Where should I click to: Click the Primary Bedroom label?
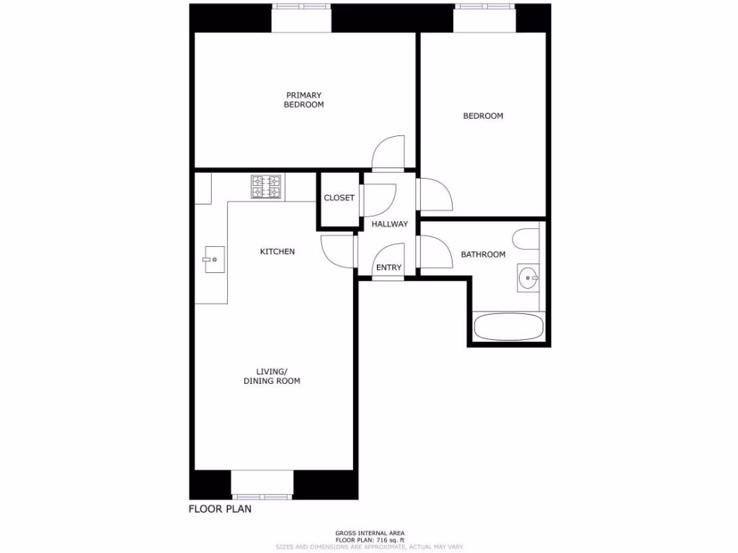[x=303, y=100]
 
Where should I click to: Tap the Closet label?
[x=339, y=198]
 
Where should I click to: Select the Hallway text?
[x=389, y=224]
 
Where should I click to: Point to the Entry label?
[x=388, y=268]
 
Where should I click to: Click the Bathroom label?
[x=483, y=254]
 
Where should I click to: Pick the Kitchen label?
[x=277, y=251]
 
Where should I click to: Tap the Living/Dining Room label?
[x=272, y=376]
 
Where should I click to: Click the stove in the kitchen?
[x=265, y=187]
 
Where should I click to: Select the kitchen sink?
[x=214, y=259]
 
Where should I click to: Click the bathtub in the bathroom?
[x=508, y=328]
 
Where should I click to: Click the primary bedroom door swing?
[x=388, y=153]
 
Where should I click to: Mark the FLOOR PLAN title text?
[x=220, y=509]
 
